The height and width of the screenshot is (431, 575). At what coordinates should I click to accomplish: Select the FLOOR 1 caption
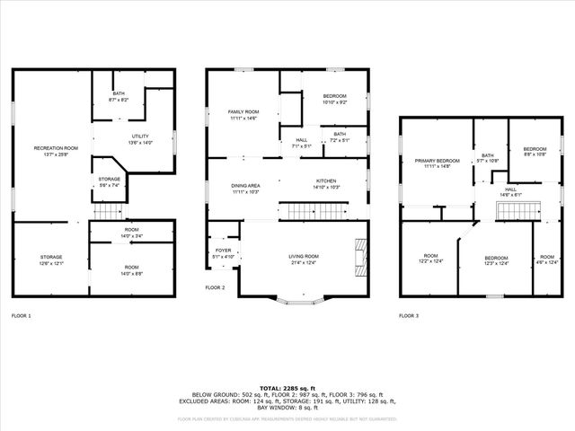[x=21, y=316]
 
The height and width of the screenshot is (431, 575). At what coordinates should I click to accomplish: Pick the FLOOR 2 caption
[x=215, y=287]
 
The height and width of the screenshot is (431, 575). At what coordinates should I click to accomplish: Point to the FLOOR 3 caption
[x=409, y=316]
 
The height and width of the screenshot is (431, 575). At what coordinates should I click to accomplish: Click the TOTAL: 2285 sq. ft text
[x=287, y=387]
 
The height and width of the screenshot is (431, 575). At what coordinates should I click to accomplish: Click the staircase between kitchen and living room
[x=307, y=211]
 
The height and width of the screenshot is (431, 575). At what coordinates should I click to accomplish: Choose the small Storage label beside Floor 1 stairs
[x=110, y=182]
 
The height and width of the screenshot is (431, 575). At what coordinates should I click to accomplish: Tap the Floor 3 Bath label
[x=488, y=158]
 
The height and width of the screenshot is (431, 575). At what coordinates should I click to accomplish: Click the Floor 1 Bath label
[x=119, y=96]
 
